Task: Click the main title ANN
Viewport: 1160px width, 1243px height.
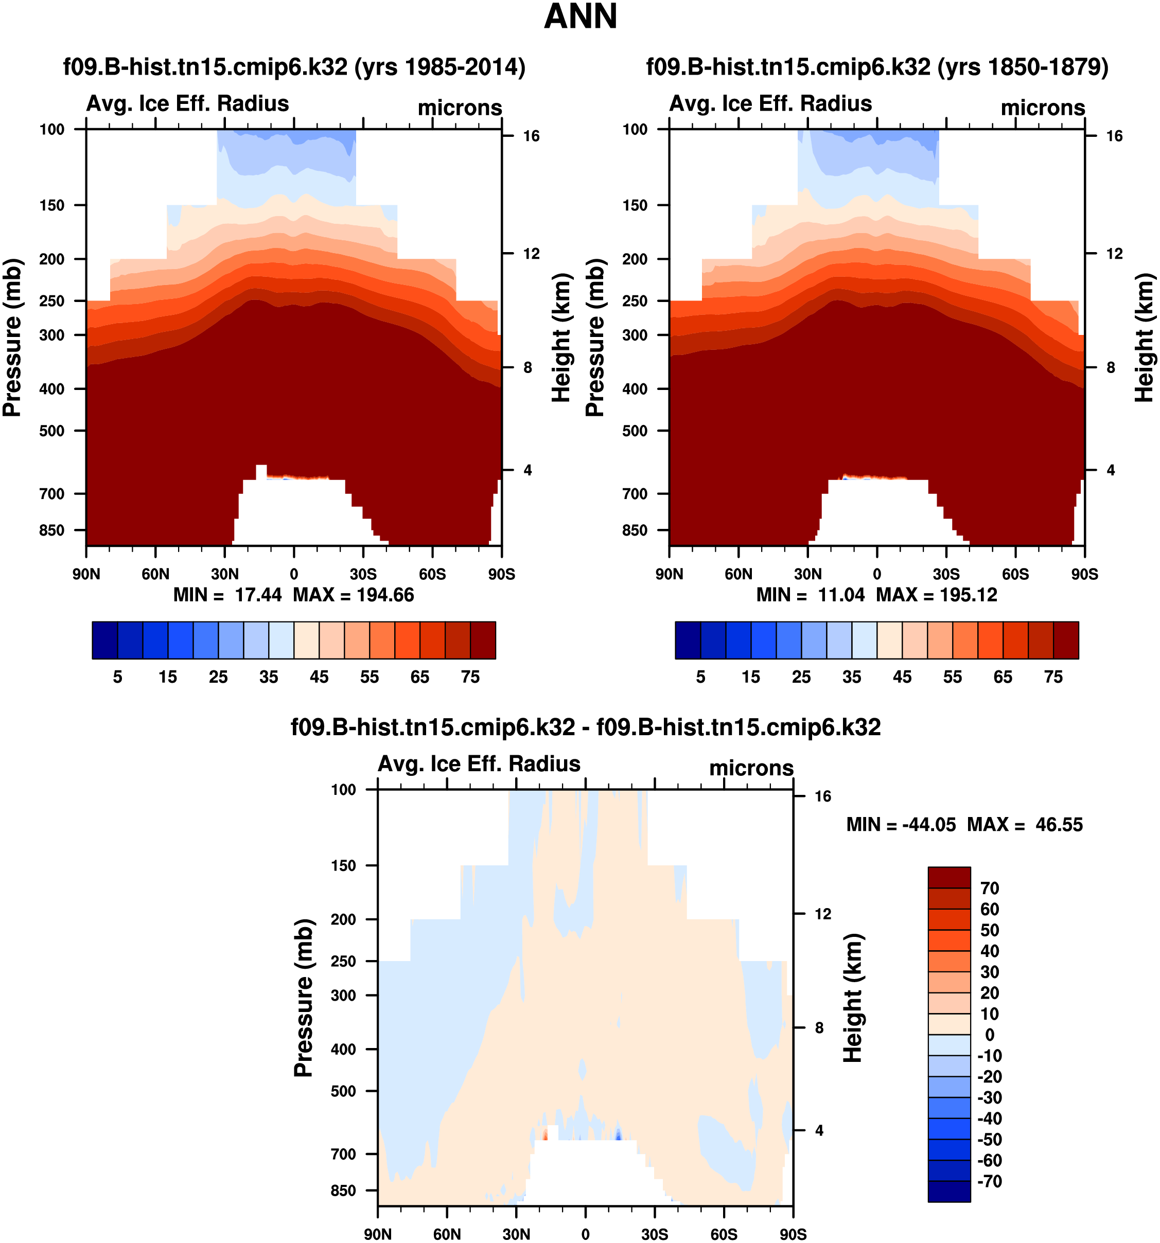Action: point(581,17)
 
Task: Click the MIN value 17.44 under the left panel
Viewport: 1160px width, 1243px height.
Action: point(258,595)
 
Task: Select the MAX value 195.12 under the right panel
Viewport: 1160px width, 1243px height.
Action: point(969,595)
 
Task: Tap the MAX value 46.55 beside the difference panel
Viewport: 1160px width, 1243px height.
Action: point(1059,825)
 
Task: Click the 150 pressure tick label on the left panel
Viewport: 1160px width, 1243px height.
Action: point(52,206)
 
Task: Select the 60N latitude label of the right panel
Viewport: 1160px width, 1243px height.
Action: point(739,574)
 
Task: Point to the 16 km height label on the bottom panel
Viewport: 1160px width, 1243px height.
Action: point(823,796)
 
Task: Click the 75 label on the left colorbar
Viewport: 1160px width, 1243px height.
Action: point(470,677)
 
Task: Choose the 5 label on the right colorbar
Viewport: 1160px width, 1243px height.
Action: point(700,677)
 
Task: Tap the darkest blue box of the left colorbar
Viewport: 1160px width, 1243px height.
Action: point(105,640)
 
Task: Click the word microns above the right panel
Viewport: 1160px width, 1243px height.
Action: point(1043,108)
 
